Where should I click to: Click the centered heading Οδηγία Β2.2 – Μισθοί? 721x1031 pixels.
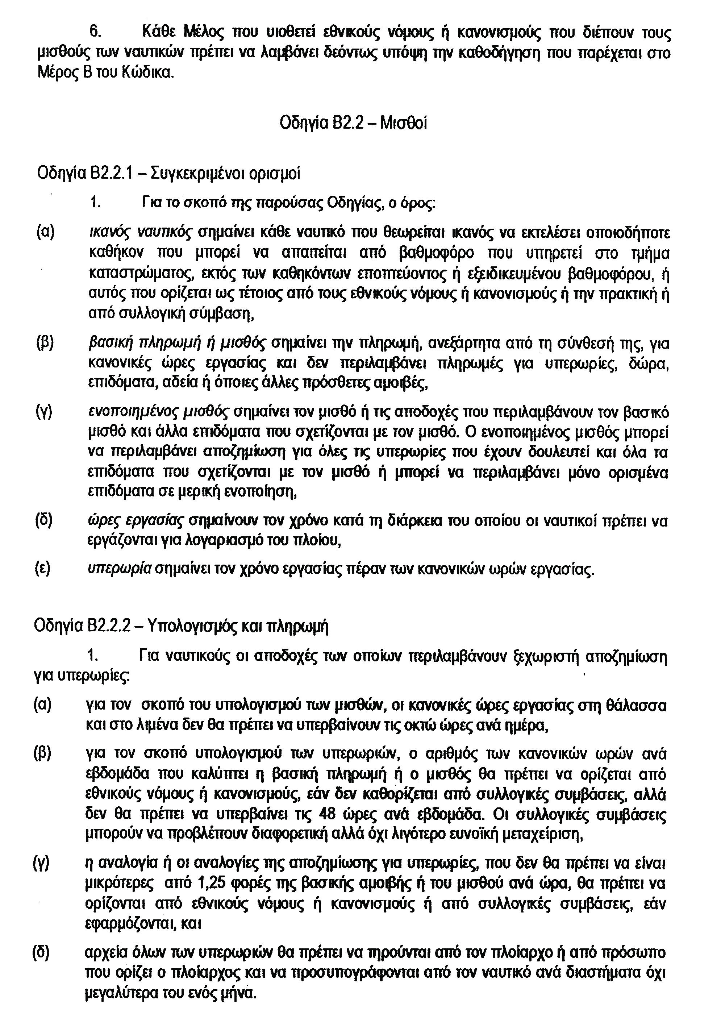tap(353, 122)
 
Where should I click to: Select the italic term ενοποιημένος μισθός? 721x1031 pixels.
tap(158, 412)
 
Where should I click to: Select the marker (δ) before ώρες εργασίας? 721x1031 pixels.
tap(44, 521)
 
